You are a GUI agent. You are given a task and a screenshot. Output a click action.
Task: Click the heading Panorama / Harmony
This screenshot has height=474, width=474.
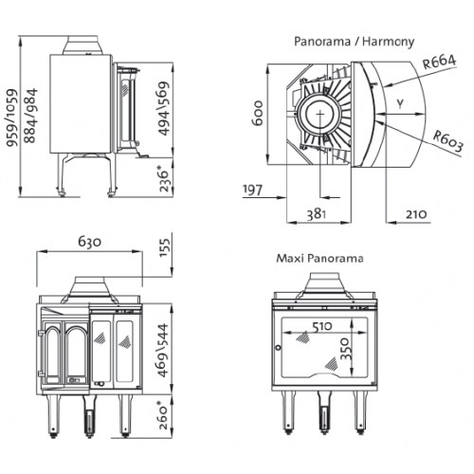click(x=354, y=42)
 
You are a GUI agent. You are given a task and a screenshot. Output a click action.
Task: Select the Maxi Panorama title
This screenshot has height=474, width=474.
click(x=319, y=259)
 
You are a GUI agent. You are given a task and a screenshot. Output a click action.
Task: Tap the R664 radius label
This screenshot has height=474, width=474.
click(x=440, y=62)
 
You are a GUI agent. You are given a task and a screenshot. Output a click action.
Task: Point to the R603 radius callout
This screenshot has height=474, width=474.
click(x=447, y=141)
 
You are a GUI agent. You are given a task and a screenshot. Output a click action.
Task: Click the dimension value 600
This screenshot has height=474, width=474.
click(x=258, y=113)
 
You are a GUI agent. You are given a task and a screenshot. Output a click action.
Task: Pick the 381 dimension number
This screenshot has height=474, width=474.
click(x=316, y=214)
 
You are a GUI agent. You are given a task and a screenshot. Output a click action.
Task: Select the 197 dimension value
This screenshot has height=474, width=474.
click(x=252, y=190)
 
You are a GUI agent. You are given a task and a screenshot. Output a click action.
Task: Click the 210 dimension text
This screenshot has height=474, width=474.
click(x=416, y=214)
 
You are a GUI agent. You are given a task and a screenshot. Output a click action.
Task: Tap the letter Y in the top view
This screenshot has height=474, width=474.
click(x=400, y=104)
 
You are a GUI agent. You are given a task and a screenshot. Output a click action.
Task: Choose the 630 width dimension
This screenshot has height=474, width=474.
click(x=90, y=242)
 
